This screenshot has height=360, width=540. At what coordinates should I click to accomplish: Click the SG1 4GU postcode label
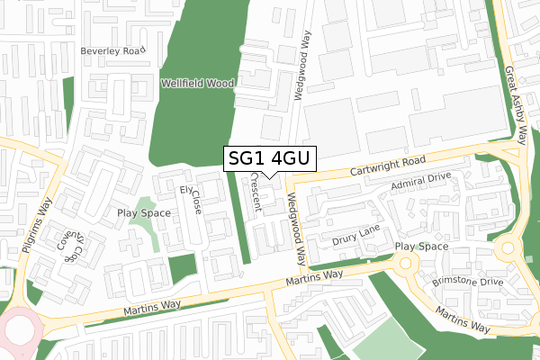point(269,158)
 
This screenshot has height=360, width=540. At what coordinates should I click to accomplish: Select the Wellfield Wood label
point(197,83)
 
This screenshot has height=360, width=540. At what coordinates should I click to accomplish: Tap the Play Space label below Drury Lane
point(421,246)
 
